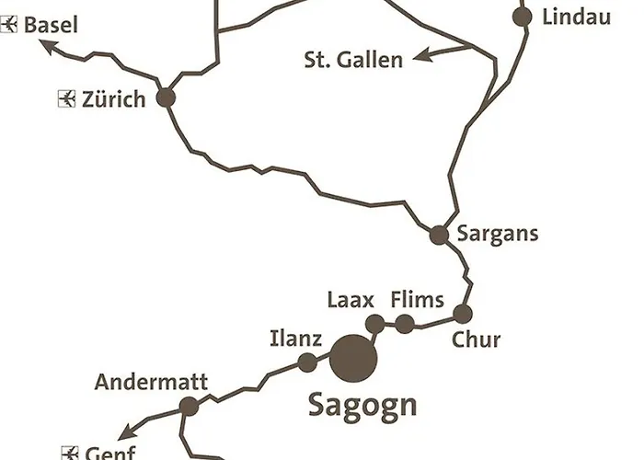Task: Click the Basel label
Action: pyautogui.click(x=51, y=24)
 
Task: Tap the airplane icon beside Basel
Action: pyautogui.click(x=11, y=25)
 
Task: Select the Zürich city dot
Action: pyautogui.click(x=167, y=98)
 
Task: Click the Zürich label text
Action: pyautogui.click(x=113, y=98)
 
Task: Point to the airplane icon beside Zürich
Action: pyautogui.click(x=65, y=98)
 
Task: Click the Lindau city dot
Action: pyautogui.click(x=523, y=17)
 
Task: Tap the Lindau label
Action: pyautogui.click(x=577, y=17)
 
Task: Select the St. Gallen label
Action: pyautogui.click(x=353, y=61)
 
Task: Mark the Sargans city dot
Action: pyautogui.click(x=439, y=235)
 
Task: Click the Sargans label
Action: pyautogui.click(x=497, y=234)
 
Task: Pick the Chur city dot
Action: pyautogui.click(x=463, y=314)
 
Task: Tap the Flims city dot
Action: pyautogui.click(x=405, y=323)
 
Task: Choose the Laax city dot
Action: pyautogui.click(x=375, y=323)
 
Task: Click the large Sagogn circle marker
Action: pyautogui.click(x=352, y=358)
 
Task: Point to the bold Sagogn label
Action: pyautogui.click(x=362, y=404)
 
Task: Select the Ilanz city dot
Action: pyautogui.click(x=307, y=362)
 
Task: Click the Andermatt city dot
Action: pyautogui.click(x=189, y=406)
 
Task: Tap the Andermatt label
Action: pyautogui.click(x=152, y=382)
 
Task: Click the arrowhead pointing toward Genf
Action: pyautogui.click(x=126, y=433)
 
